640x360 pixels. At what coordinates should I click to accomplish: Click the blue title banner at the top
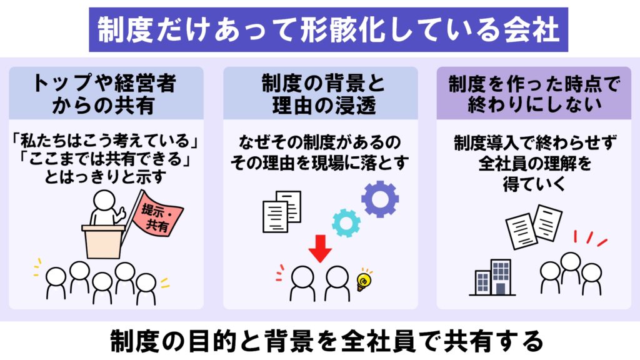[x=328, y=29]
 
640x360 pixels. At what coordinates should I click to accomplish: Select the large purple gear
[x=379, y=199]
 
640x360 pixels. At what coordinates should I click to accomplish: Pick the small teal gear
[x=346, y=223]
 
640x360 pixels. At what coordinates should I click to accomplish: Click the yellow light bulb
[x=364, y=280]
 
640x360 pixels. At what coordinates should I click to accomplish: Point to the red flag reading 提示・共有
[x=157, y=215]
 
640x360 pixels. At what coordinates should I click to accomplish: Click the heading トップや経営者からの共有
[x=105, y=94]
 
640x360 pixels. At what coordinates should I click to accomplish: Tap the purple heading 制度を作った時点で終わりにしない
[x=534, y=94]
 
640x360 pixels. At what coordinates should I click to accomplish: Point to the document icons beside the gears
[x=282, y=211]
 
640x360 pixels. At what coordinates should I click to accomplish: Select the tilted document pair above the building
[x=534, y=227]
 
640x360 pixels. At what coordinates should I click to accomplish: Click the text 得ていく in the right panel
[x=534, y=184]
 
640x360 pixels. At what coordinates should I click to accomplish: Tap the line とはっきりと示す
[x=105, y=177]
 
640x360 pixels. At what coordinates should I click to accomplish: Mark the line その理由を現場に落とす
[x=319, y=163]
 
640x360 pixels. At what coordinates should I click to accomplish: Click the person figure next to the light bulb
[x=337, y=284]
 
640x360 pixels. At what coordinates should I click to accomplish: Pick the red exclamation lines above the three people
[x=590, y=238]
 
